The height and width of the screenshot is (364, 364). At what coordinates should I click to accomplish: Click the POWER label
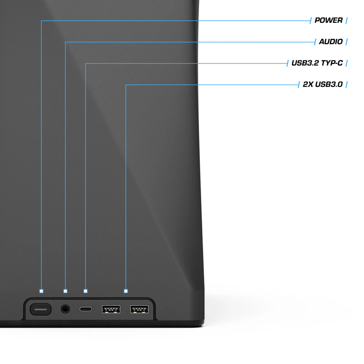point(328,20)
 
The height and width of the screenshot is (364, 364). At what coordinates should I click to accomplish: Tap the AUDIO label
point(331,42)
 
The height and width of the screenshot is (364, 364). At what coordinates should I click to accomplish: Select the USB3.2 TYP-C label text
point(317,63)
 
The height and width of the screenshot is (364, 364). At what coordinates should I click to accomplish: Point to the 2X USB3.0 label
point(323,84)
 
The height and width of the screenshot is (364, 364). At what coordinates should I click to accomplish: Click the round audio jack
point(65,309)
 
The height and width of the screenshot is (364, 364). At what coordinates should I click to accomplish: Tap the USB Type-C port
point(86,309)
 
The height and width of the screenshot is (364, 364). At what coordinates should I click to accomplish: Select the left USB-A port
point(111,309)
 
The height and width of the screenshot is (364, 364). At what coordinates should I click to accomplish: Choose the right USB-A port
point(139,309)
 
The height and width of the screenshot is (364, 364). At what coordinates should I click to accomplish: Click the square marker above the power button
point(41,291)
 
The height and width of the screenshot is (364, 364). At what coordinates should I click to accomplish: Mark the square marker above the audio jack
point(66,291)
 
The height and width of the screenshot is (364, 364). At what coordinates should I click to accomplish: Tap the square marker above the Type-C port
point(85,291)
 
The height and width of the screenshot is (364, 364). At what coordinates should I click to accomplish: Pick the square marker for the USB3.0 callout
point(126,291)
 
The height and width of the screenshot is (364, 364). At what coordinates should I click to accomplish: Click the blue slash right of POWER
point(347,20)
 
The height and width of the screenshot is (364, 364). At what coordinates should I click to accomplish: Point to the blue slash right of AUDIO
point(347,42)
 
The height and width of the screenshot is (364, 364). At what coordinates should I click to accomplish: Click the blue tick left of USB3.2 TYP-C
point(287,63)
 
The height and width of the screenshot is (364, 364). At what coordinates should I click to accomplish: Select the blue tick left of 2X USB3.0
point(299,85)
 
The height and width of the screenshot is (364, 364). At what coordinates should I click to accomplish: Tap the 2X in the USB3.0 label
point(308,84)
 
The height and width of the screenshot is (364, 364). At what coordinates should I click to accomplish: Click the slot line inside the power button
point(41,310)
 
